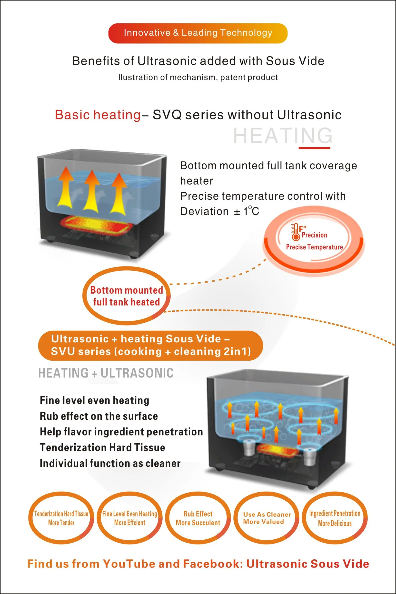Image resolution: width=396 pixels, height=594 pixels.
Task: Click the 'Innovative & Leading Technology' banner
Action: coord(198,33)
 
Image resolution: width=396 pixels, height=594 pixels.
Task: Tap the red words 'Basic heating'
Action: coord(98,115)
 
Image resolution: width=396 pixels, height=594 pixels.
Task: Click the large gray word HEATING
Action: coord(283,136)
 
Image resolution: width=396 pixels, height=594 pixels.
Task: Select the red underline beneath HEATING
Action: coord(314,148)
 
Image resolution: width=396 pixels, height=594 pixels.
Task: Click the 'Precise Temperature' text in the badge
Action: coord(314,247)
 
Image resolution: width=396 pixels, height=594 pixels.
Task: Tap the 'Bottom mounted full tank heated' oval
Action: coord(127,296)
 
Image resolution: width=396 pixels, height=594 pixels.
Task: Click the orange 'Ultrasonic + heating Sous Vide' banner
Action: coord(150,345)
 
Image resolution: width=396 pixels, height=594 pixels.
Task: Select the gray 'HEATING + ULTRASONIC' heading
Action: coord(106,373)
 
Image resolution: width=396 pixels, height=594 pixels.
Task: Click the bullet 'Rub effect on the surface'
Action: coord(99,416)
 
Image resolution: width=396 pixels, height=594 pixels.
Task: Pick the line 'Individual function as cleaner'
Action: coord(110,464)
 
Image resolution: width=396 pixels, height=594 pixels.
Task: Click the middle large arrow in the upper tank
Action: coord(92,191)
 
